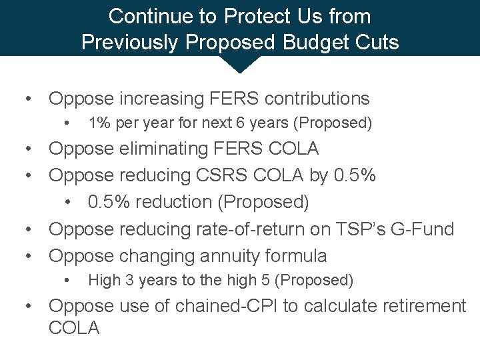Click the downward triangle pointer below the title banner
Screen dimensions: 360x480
[x=239, y=64]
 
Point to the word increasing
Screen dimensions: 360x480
[x=153, y=99]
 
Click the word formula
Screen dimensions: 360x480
[x=298, y=256]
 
